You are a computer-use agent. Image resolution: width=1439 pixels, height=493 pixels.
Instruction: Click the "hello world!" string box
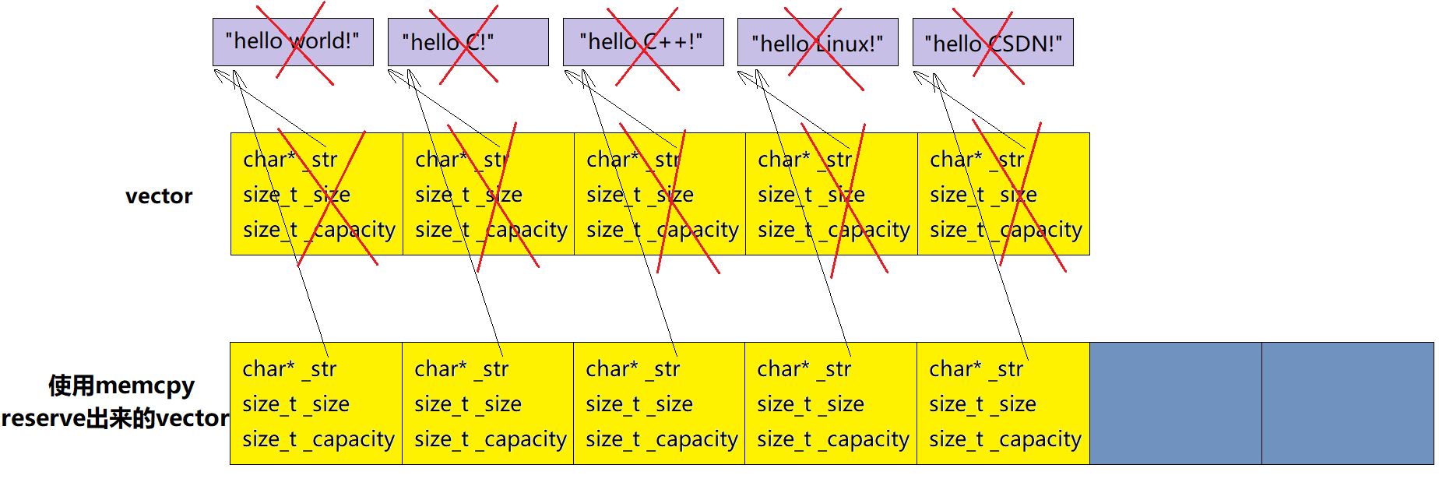[293, 42]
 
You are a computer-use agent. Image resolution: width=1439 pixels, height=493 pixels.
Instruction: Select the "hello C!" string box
[468, 42]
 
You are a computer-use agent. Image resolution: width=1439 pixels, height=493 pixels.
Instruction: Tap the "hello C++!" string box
[643, 42]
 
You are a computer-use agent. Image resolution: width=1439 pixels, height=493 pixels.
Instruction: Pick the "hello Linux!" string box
[818, 42]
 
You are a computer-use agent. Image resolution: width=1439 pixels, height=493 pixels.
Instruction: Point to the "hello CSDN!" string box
[993, 42]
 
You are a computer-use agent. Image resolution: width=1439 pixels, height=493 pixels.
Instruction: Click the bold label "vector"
[159, 196]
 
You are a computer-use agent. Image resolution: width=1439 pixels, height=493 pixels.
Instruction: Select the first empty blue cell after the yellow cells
[1175, 403]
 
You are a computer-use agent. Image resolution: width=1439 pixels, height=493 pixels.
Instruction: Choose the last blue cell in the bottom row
[1347, 403]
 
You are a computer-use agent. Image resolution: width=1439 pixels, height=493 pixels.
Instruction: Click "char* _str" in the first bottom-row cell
[290, 369]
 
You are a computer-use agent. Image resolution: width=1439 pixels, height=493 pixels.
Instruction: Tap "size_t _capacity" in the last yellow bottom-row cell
[1005, 440]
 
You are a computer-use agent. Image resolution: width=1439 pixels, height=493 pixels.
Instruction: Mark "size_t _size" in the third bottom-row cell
[639, 405]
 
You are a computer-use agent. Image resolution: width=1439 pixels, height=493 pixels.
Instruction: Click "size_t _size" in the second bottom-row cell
[468, 405]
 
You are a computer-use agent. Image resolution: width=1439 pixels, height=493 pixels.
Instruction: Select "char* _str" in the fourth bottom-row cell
[804, 369]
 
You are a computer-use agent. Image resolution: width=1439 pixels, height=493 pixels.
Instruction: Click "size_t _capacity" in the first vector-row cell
[319, 231]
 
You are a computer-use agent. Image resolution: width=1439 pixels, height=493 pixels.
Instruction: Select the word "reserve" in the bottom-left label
[43, 419]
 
